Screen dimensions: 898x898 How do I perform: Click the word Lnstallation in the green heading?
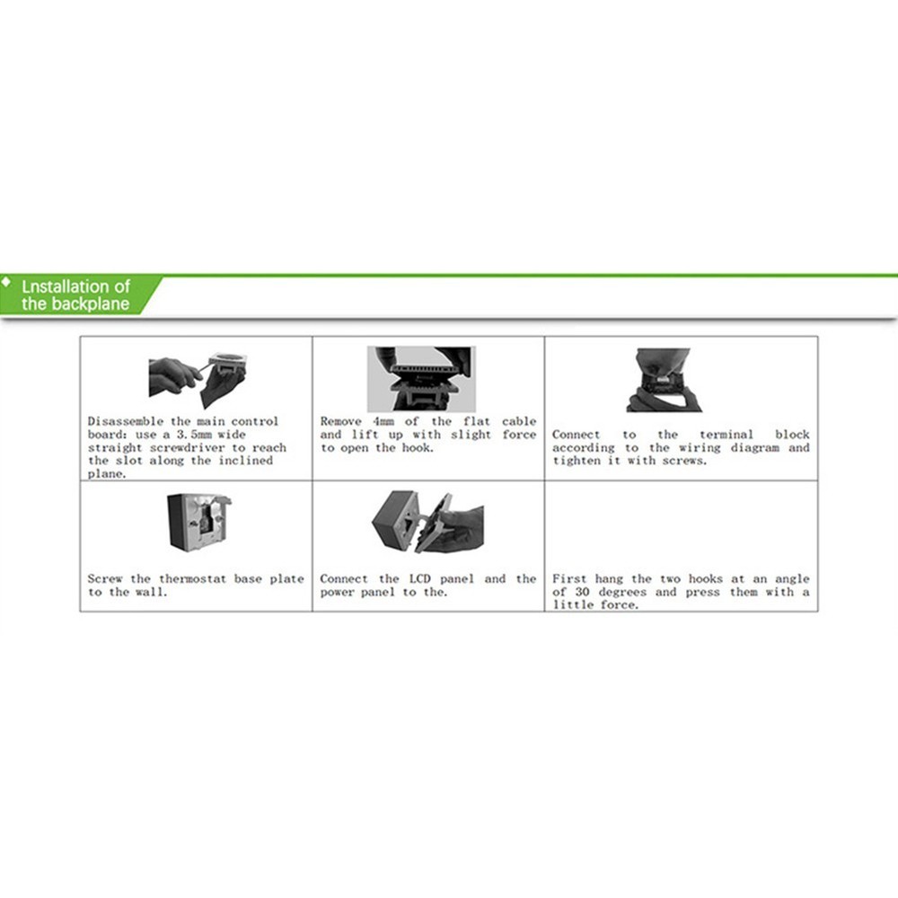pos(76,286)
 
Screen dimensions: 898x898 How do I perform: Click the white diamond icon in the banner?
pos(6,281)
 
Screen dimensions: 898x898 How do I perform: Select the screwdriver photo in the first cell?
pos(197,375)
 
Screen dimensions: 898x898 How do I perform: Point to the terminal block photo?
pos(663,380)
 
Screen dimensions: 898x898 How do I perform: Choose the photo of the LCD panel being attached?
pos(427,520)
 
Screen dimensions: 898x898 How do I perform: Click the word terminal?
pos(728,435)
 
